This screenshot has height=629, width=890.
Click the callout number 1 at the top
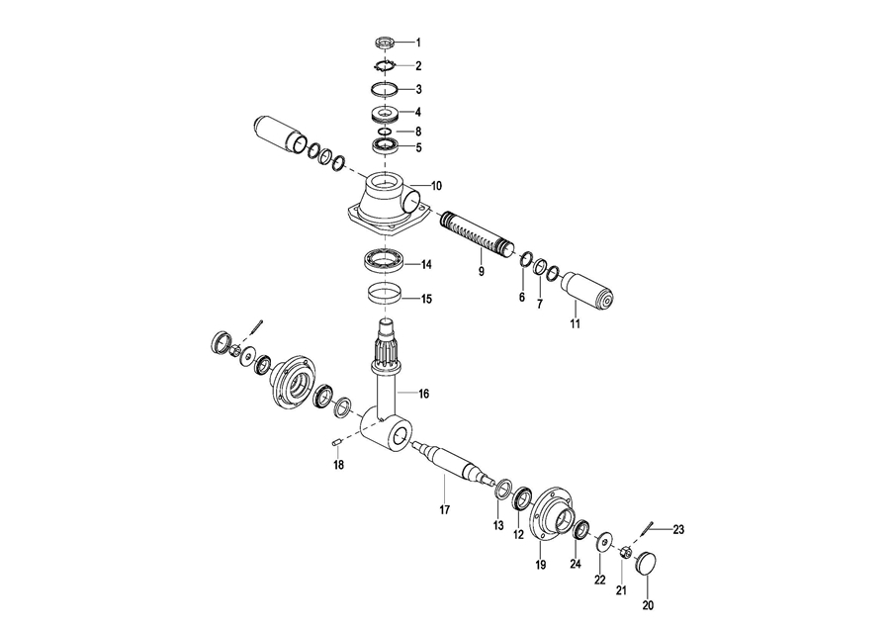pyautogui.click(x=419, y=43)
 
